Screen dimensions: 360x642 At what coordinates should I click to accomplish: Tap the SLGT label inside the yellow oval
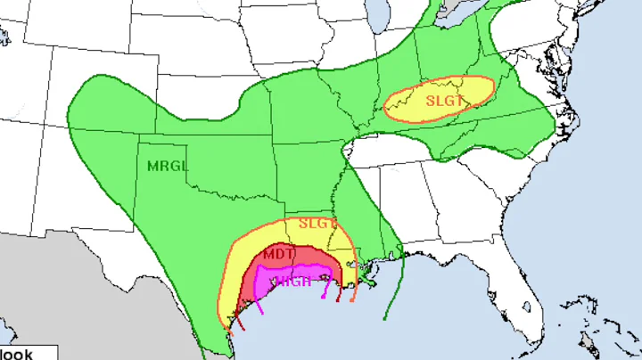444,101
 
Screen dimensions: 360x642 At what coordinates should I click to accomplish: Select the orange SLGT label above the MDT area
316,223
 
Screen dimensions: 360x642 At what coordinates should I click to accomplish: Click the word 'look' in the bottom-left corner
17,354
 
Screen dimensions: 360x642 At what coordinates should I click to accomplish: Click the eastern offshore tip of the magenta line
331,299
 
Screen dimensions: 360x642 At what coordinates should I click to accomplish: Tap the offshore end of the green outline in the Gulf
385,316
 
